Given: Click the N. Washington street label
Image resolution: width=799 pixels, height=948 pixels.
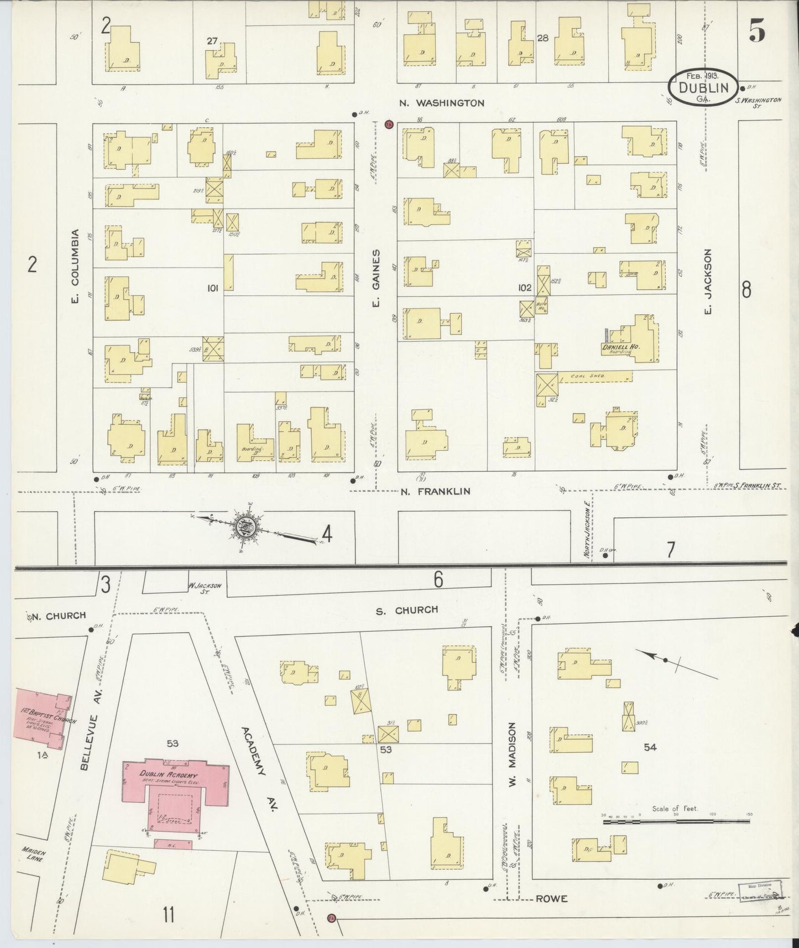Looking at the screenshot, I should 442,103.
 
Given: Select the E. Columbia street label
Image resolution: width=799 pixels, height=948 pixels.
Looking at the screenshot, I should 75,266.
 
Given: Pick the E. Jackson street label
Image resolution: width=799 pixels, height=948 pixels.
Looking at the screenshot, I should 708,280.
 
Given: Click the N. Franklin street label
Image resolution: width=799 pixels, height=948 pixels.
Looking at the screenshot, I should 435,491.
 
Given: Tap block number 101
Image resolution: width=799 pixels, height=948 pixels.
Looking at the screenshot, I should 212,288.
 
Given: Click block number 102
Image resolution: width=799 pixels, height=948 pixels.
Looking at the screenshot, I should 524,288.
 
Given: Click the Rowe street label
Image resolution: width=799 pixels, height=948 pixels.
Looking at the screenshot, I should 551,899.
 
